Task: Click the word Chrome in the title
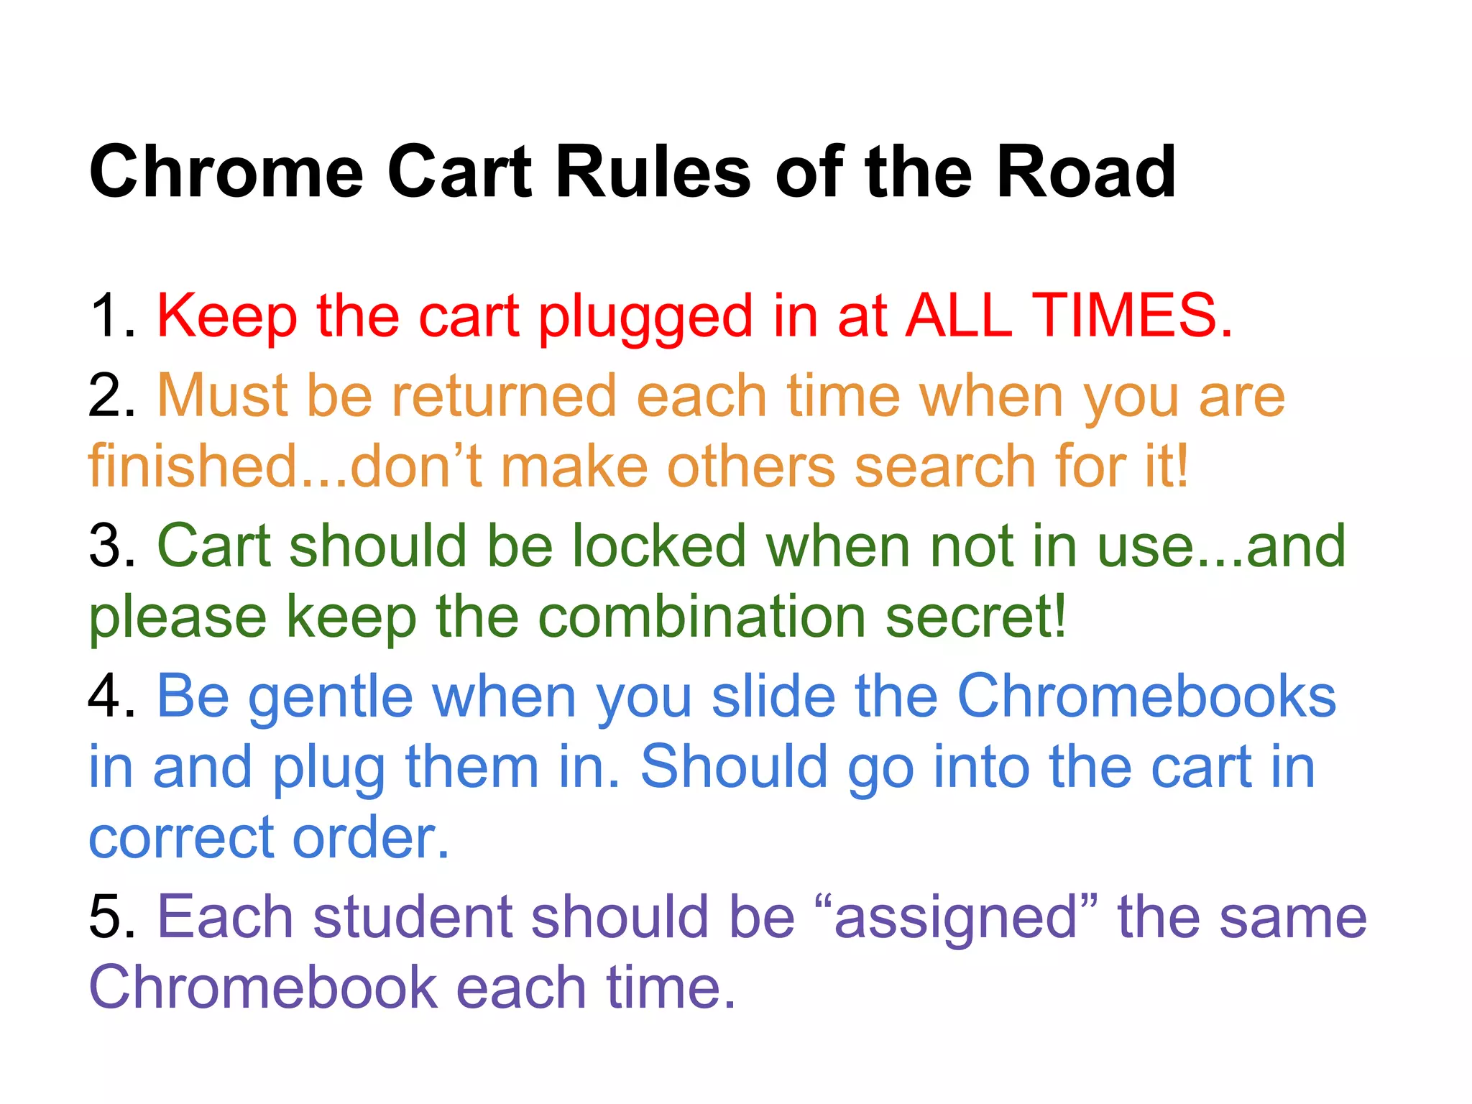coord(226,172)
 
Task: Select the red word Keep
coord(227,316)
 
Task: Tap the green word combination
coord(701,617)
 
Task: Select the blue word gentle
coord(331,697)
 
